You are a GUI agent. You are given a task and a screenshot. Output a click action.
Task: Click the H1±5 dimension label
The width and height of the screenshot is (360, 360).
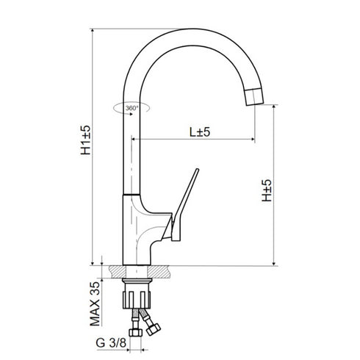click(x=86, y=140)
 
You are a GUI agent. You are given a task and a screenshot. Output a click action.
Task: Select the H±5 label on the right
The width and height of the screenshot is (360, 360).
click(x=267, y=189)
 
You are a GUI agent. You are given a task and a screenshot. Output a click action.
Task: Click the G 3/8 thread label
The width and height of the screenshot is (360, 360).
click(x=110, y=341)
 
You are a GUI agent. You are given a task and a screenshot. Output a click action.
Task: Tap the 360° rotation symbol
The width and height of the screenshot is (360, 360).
click(x=130, y=108)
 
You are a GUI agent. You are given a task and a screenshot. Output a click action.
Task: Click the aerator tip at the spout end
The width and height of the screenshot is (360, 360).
click(x=254, y=96)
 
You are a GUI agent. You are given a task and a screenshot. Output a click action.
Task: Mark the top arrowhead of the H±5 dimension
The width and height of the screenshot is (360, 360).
click(x=276, y=107)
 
